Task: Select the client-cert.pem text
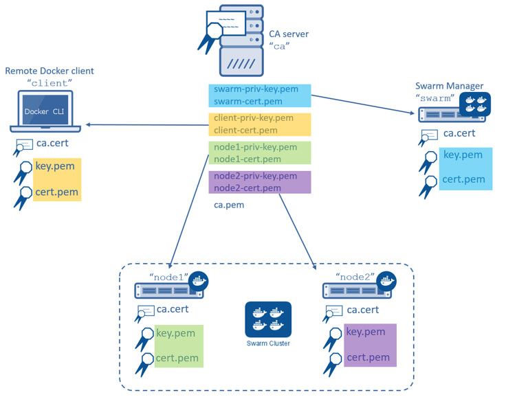coord(245,130)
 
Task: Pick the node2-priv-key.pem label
coord(255,176)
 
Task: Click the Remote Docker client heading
coord(49,71)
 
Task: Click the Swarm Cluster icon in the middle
coord(268,319)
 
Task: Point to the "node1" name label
coord(170,277)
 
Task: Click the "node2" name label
coord(354,277)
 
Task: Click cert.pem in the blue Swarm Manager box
coord(463,181)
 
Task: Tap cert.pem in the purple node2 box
coord(368,357)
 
